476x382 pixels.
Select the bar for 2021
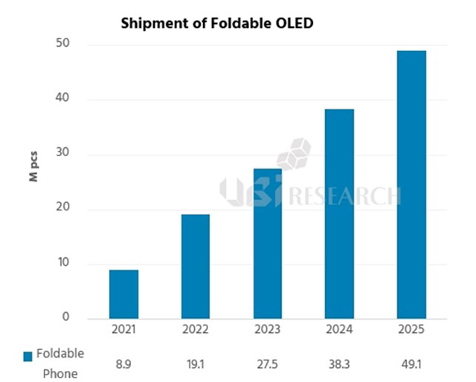pyautogui.click(x=123, y=294)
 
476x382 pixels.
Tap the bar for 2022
pyautogui.click(x=195, y=266)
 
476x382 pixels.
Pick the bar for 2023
pyautogui.click(x=267, y=243)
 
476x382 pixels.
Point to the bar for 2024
pyautogui.click(x=339, y=213)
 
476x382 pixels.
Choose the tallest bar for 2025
pyautogui.click(x=411, y=184)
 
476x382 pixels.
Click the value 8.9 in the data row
pyautogui.click(x=123, y=364)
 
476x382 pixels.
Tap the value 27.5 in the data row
pyautogui.click(x=267, y=364)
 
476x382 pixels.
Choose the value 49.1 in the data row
pyautogui.click(x=411, y=364)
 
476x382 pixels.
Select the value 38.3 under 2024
pyautogui.click(x=339, y=364)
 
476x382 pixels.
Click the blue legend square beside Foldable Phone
pyautogui.click(x=29, y=355)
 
